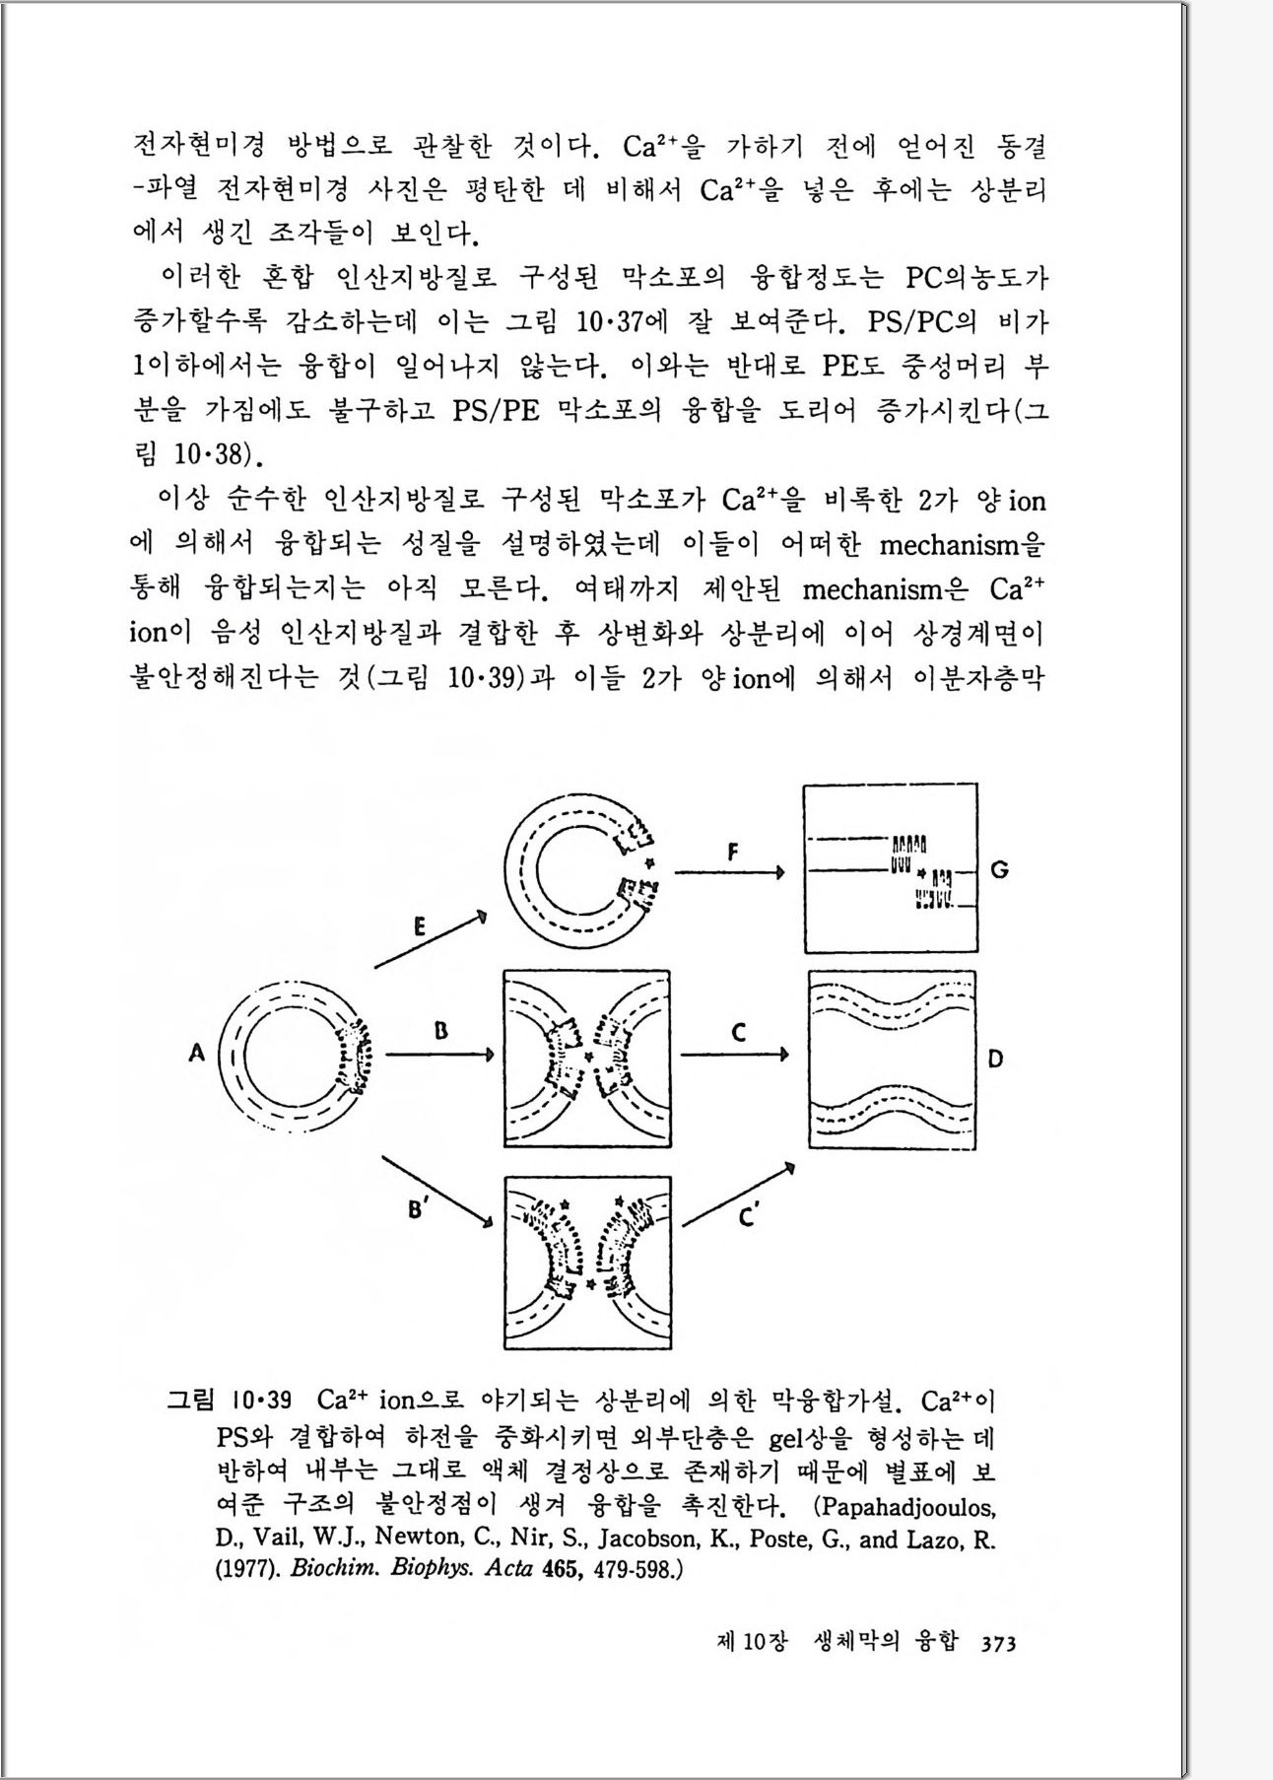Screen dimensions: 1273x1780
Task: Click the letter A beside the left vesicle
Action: [196, 1054]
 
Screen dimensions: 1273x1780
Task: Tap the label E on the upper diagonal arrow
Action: [420, 926]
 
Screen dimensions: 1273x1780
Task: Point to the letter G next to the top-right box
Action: [1000, 870]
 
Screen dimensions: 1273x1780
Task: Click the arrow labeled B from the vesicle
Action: [439, 1055]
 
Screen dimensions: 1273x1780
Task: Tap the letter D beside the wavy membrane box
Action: [995, 1059]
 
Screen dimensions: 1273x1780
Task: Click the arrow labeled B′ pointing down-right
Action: [437, 1192]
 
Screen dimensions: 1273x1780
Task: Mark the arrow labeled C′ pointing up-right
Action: [738, 1195]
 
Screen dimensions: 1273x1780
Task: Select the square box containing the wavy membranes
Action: [893, 1061]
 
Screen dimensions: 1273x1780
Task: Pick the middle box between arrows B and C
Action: [587, 1060]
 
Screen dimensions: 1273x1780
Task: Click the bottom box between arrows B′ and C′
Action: [587, 1263]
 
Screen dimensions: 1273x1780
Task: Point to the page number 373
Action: [998, 1643]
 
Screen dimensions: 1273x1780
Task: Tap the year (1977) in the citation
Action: [247, 1568]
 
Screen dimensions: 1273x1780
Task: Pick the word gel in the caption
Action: [787, 1440]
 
